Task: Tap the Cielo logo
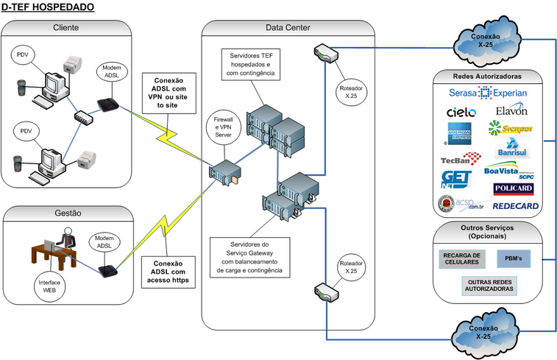tap(461, 113)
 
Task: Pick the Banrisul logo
tap(514, 151)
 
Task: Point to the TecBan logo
tap(461, 158)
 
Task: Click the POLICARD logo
tap(514, 189)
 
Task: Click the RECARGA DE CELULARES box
tap(462, 259)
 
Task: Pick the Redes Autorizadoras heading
tap(488, 76)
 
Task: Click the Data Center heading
tap(288, 28)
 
